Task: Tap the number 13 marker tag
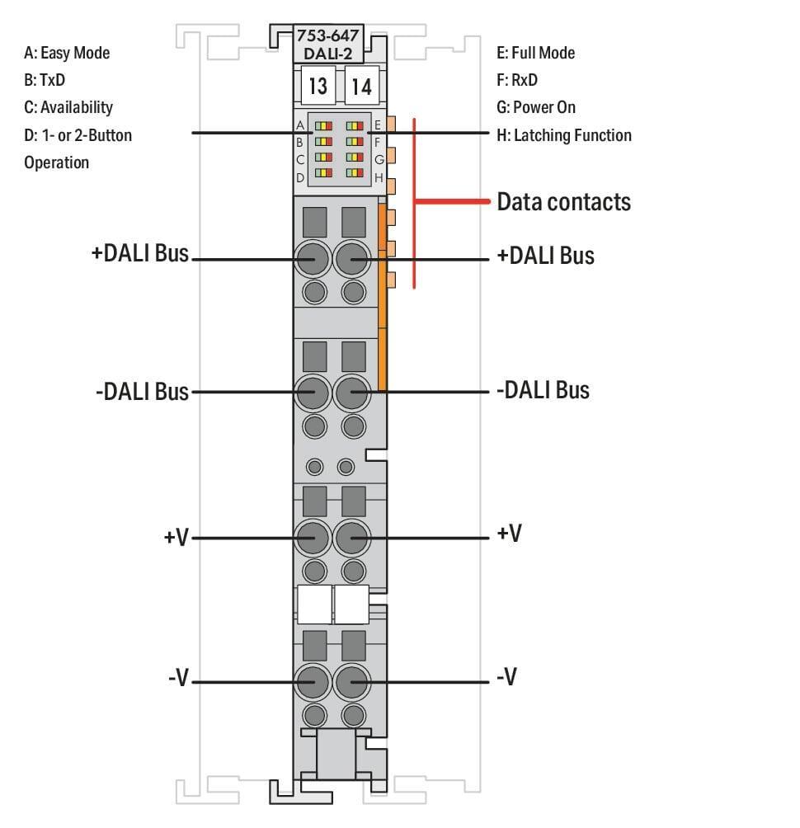pyautogui.click(x=317, y=86)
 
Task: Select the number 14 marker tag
pyautogui.click(x=360, y=86)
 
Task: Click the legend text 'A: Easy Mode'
pyautogui.click(x=67, y=53)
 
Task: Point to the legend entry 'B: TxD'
pyautogui.click(x=45, y=80)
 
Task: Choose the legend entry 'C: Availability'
pyautogui.click(x=68, y=107)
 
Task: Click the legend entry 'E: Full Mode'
pyautogui.click(x=535, y=53)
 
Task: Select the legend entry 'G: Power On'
pyautogui.click(x=536, y=107)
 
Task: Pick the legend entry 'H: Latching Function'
pyautogui.click(x=563, y=134)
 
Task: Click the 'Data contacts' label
pyautogui.click(x=563, y=202)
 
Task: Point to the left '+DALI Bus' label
pyautogui.click(x=140, y=253)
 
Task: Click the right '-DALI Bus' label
pyautogui.click(x=543, y=389)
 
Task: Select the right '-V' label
pyautogui.click(x=506, y=678)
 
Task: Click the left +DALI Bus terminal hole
pyautogui.click(x=313, y=259)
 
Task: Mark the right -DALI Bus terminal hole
pyautogui.click(x=352, y=393)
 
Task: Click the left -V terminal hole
pyautogui.click(x=313, y=681)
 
